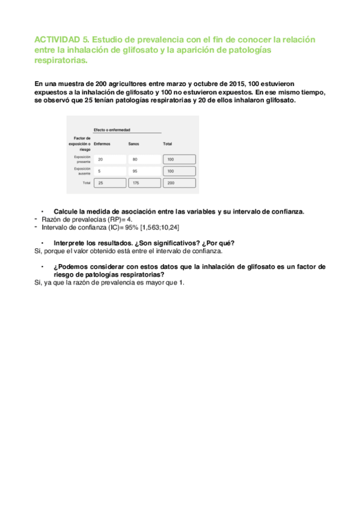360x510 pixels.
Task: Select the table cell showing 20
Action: pyautogui.click(x=110, y=159)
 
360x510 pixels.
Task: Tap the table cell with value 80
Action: pyautogui.click(x=144, y=159)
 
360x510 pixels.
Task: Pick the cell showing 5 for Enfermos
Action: pyautogui.click(x=110, y=171)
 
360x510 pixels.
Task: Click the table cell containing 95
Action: pyautogui.click(x=144, y=171)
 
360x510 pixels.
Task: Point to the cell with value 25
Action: pyautogui.click(x=110, y=183)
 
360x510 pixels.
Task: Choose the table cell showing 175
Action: pyautogui.click(x=144, y=183)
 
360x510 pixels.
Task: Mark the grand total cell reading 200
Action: pyautogui.click(x=180, y=183)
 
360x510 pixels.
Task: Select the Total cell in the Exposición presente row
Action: pyautogui.click(x=180, y=159)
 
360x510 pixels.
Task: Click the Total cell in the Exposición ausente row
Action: pyautogui.click(x=180, y=171)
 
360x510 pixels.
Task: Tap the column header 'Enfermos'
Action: pyautogui.click(x=102, y=144)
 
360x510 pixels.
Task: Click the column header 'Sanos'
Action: pyautogui.click(x=134, y=144)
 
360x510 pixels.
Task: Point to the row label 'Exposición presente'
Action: pyautogui.click(x=82, y=159)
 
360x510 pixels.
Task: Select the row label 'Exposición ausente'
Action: pyautogui.click(x=82, y=171)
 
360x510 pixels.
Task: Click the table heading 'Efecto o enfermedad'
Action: pyautogui.click(x=112, y=129)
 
